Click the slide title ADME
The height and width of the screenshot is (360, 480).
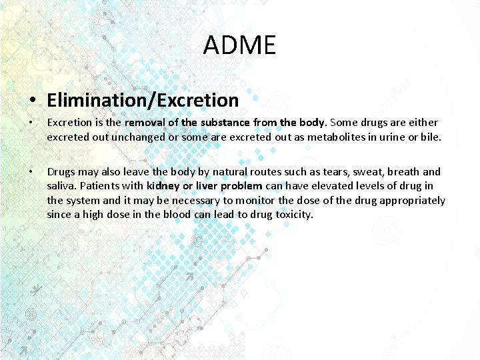pyautogui.click(x=239, y=45)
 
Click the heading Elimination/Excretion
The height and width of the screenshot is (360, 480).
pyautogui.click(x=143, y=101)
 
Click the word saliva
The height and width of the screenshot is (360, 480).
pyautogui.click(x=62, y=186)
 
